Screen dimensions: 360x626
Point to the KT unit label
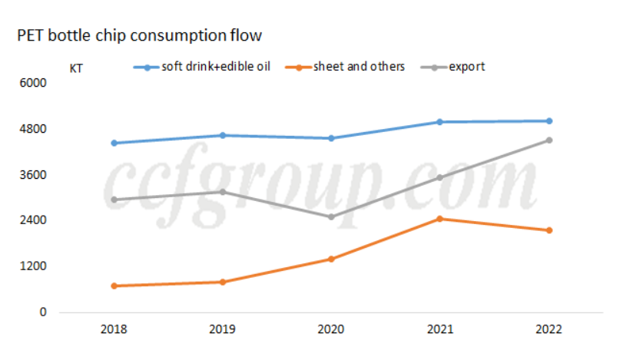pos(77,68)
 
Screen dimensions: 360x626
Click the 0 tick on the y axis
pos(43,312)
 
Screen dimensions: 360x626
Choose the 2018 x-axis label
pos(114,329)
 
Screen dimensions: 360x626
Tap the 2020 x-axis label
pos(331,329)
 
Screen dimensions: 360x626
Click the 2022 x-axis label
pos(548,329)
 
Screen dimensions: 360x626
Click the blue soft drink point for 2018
pos(114,143)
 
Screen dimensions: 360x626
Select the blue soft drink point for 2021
pos(440,122)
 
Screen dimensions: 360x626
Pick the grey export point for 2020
pos(331,216)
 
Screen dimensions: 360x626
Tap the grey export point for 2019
pos(223,192)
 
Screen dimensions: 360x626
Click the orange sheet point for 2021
pos(440,219)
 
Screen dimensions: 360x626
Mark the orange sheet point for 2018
pos(114,286)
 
